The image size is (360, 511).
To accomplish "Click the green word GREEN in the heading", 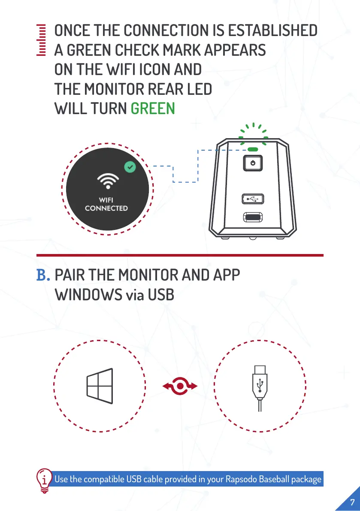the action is pyautogui.click(x=153, y=109).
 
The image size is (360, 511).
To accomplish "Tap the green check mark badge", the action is pyautogui.click(x=130, y=167).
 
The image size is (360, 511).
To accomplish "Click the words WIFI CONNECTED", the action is pyautogui.click(x=106, y=204).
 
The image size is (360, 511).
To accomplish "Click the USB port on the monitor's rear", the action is pyautogui.click(x=252, y=199).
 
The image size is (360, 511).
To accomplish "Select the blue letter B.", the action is pyautogui.click(x=43, y=275).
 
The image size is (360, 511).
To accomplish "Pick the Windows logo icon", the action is pyautogui.click(x=100, y=386).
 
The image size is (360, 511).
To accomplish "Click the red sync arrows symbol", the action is pyautogui.click(x=180, y=387).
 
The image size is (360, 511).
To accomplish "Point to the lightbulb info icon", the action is pyautogui.click(x=44, y=480).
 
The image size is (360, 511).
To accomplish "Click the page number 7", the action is pyautogui.click(x=352, y=502).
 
